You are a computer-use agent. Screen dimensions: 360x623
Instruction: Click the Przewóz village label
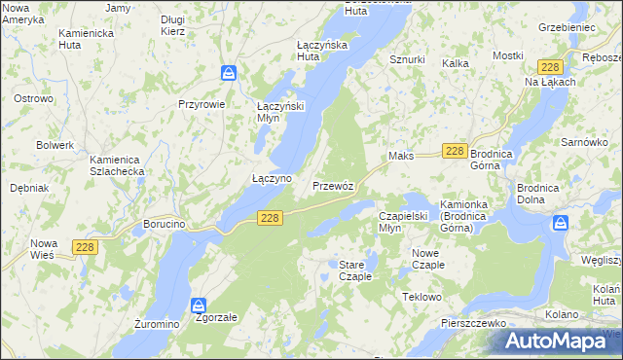pos(339,185)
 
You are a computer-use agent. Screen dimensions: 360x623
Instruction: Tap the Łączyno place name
pos(272,179)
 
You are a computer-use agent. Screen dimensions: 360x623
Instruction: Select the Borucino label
pos(165,224)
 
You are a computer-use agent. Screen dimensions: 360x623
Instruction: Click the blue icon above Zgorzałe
pos(200,305)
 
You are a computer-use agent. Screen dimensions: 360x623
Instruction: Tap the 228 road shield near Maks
pos(455,151)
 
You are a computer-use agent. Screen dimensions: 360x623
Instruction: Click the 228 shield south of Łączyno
pos(272,220)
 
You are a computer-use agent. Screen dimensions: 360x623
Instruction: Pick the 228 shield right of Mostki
pos(550,66)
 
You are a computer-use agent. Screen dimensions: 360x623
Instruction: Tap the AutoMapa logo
pos(557,341)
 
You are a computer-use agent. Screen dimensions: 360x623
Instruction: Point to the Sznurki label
pos(407,59)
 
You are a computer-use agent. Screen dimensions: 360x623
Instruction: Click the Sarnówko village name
pos(585,142)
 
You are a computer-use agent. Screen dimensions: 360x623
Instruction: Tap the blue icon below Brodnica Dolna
pos(561,223)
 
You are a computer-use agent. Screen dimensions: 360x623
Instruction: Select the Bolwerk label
pos(55,145)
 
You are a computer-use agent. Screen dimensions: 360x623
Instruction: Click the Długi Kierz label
pos(173,24)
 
